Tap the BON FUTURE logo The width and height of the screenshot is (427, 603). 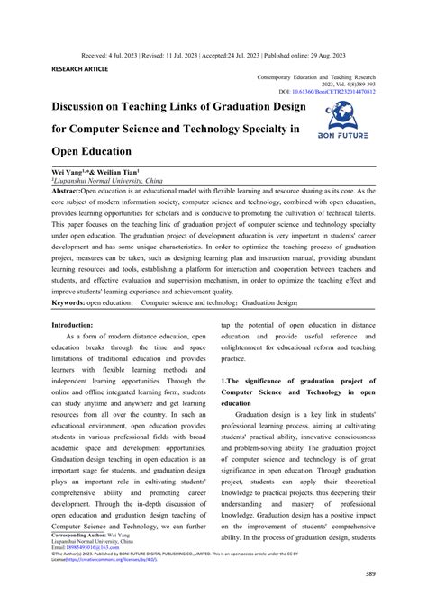(348, 121)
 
